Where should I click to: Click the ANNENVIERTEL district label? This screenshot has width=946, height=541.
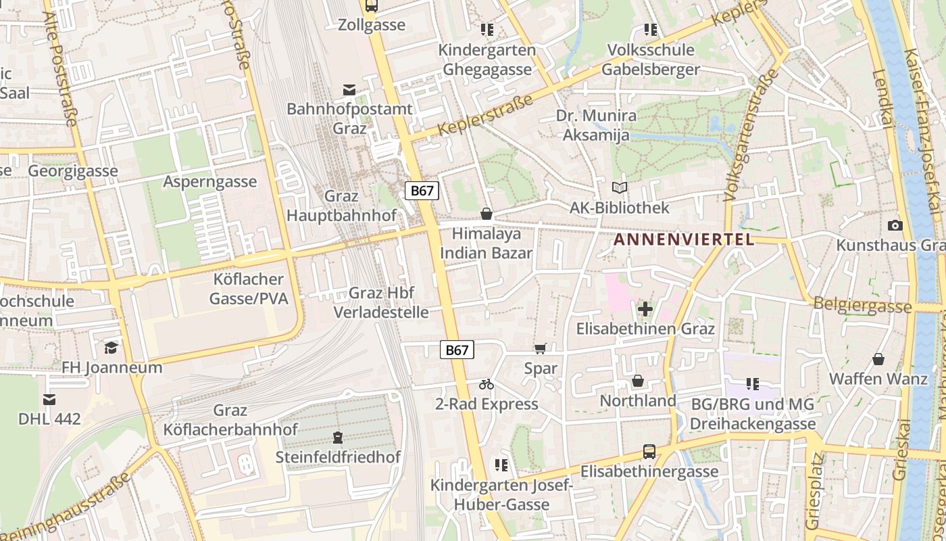(x=683, y=239)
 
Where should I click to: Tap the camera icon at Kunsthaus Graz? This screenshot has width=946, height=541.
(x=895, y=225)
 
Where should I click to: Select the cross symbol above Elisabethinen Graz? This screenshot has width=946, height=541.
(x=645, y=309)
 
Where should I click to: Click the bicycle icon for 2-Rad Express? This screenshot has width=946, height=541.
(x=487, y=384)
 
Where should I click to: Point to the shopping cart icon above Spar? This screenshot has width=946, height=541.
(x=540, y=349)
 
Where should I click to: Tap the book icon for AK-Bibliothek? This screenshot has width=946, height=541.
(x=619, y=187)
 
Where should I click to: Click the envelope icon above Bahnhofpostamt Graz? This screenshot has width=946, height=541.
(x=349, y=90)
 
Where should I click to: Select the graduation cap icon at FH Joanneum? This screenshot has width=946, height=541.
(x=111, y=348)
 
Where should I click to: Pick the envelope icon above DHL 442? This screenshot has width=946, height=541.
(x=49, y=399)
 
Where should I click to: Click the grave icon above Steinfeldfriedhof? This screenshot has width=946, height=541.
(x=338, y=438)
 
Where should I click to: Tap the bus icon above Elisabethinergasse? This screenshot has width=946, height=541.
(x=649, y=452)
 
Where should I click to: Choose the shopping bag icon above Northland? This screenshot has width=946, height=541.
(x=637, y=381)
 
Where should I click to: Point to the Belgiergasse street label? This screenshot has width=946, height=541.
(x=862, y=305)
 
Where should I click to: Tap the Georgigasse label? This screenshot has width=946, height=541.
(x=73, y=171)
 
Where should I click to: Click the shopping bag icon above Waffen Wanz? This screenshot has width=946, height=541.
(x=878, y=359)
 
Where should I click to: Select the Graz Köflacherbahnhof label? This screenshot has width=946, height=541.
(x=230, y=420)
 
